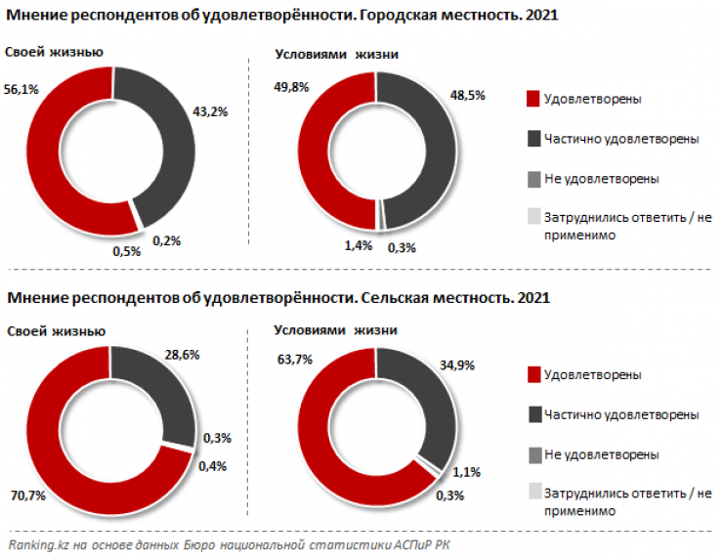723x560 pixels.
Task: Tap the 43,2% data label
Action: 211,111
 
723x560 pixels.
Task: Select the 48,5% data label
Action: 472,97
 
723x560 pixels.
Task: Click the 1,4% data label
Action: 358,245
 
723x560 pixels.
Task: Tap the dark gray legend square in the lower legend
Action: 532,415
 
